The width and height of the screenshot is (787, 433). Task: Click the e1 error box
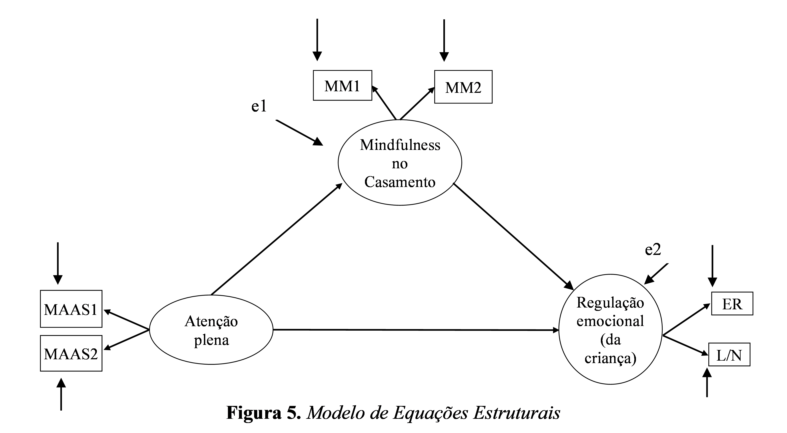[265, 104]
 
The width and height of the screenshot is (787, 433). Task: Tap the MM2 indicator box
[463, 87]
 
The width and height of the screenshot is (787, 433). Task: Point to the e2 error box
[658, 248]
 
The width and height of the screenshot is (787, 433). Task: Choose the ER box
[732, 304]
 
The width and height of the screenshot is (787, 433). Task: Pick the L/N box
[729, 355]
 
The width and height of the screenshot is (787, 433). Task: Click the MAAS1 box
[71, 309]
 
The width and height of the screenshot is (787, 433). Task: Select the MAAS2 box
[71, 353]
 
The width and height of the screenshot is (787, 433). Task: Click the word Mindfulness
[400, 145]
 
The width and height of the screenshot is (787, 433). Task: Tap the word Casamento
[400, 182]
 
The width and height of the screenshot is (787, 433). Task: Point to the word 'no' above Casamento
[400, 164]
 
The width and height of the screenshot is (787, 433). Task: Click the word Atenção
[211, 321]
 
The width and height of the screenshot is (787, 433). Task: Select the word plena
[211, 340]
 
